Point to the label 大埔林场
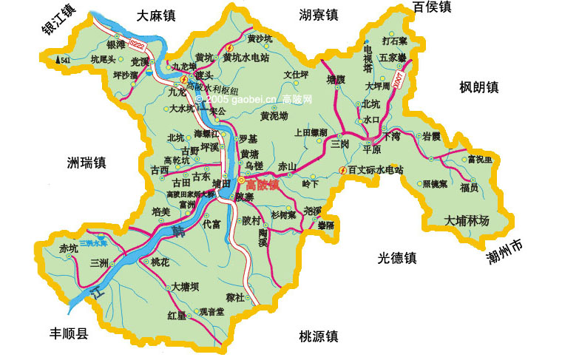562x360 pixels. [x=467, y=220]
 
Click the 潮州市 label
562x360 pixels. [x=503, y=254]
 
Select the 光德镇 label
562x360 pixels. [x=397, y=258]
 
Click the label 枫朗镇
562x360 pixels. [x=478, y=87]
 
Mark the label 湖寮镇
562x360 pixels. [x=319, y=14]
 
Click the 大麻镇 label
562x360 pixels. [x=158, y=14]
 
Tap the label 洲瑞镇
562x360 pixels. [x=87, y=162]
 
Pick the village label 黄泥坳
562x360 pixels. [x=274, y=116]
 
